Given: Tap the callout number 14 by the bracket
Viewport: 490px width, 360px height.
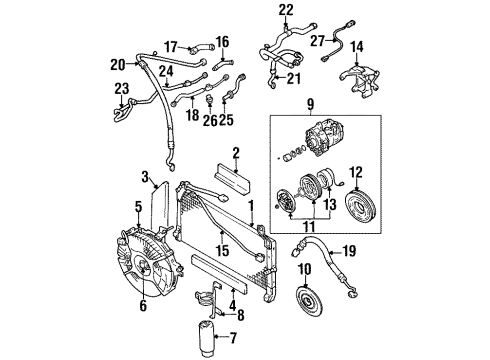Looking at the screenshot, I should [383, 45].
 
